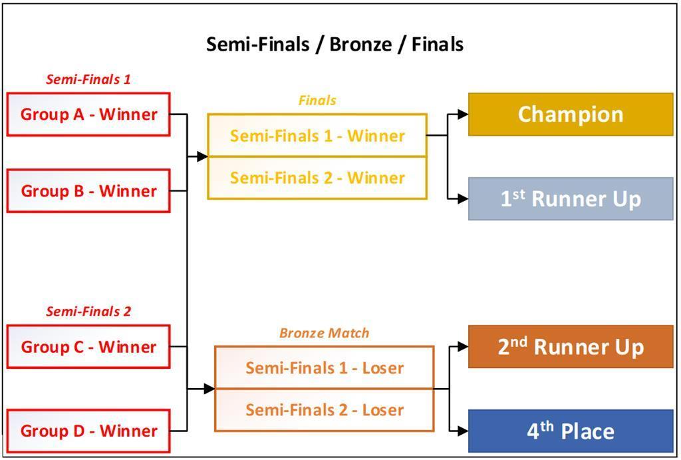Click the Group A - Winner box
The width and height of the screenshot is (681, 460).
point(88,115)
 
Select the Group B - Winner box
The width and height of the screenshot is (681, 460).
point(88,191)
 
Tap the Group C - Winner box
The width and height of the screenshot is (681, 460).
point(88,347)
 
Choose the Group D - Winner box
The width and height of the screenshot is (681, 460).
point(88,431)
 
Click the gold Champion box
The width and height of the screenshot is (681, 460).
point(571,115)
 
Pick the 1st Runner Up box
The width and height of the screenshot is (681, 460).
point(571,198)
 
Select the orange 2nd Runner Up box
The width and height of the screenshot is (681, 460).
point(571,347)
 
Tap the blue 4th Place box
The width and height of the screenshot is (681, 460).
point(571,431)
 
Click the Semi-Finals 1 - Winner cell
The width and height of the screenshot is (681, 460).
point(317,136)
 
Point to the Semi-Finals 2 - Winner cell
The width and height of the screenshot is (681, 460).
point(317,178)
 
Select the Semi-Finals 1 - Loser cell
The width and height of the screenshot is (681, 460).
point(324,367)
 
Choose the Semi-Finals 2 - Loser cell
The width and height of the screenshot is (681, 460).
point(324,409)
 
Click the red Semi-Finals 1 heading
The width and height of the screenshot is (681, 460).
point(88,79)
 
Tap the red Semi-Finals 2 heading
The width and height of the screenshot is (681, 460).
point(88,311)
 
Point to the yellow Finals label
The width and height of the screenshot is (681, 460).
point(317,101)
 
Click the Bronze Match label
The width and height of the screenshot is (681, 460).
point(324,332)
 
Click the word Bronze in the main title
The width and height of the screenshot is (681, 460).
point(360,44)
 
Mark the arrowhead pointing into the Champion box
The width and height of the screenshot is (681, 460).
point(463,115)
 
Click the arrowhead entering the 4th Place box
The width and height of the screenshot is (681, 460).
point(463,431)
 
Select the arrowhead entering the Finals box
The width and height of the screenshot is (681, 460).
point(202,156)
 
